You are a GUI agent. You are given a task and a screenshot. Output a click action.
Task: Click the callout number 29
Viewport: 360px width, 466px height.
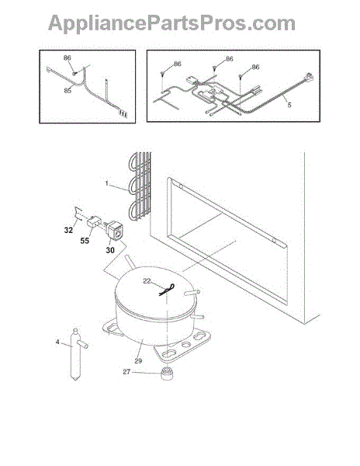[138, 361]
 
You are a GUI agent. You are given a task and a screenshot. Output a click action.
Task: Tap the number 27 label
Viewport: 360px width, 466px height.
[126, 372]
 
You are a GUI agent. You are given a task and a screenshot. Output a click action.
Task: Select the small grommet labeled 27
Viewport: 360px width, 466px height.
[167, 374]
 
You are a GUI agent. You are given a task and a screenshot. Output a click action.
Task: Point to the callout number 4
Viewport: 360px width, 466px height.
[57, 342]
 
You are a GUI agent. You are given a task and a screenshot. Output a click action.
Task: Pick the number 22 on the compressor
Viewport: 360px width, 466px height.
[147, 281]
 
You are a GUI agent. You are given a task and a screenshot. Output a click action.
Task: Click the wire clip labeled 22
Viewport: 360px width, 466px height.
[167, 290]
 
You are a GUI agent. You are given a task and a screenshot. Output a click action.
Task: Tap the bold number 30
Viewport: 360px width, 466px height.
[110, 250]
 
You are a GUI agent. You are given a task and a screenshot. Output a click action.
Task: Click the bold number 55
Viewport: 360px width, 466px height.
[85, 241]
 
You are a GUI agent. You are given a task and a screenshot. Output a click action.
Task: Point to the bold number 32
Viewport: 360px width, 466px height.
[68, 230]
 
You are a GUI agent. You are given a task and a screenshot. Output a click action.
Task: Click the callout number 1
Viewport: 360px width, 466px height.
[107, 183]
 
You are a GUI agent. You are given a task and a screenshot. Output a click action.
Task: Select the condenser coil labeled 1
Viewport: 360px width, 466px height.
[140, 186]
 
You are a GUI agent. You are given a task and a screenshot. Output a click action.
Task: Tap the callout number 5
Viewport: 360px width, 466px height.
[289, 105]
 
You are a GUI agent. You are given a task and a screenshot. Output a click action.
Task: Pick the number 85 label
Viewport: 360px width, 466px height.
[67, 90]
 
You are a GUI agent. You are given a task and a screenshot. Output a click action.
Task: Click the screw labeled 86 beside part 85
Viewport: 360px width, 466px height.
[74, 73]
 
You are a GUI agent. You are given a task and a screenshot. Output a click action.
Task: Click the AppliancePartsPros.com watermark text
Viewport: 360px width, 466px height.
[171, 23]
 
